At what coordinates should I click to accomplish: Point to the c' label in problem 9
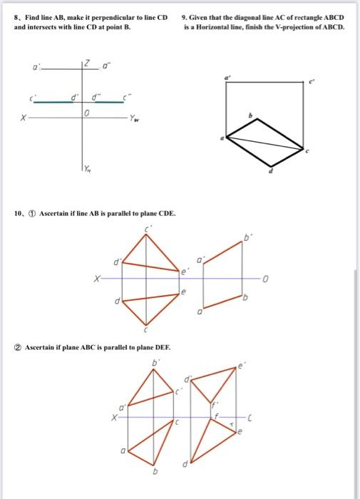coord(310,83)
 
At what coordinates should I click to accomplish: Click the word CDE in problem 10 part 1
coord(162,213)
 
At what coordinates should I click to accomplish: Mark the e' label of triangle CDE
coord(184,272)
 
